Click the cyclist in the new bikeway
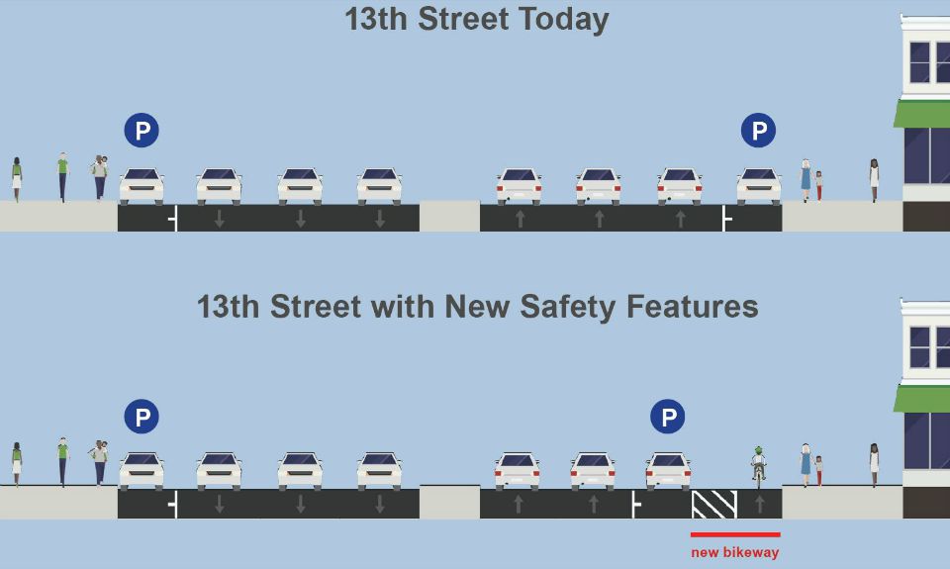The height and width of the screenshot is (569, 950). pos(759,466)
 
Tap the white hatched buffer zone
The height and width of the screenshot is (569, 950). pos(714,504)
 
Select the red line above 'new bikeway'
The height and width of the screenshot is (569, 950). pos(735,534)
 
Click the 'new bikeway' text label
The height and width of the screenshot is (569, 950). pos(735,552)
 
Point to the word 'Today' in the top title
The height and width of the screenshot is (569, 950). pos(563,20)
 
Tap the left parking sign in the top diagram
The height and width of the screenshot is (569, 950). pos(142,131)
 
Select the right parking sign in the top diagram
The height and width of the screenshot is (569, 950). pos(759,131)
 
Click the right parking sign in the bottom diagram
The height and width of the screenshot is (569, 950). pos(668,417)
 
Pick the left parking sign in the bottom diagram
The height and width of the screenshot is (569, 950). pos(142,417)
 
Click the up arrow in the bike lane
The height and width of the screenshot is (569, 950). pos(760,504)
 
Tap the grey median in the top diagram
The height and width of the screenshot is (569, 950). pos(449,218)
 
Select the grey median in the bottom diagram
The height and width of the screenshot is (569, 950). pos(449,502)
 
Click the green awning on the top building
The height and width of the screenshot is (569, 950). pos(922,114)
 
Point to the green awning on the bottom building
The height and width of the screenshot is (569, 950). pos(922,399)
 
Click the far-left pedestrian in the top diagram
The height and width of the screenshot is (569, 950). pos(17,179)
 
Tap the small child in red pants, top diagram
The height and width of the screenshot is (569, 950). pos(819,185)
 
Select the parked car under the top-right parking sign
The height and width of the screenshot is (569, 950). pos(759,186)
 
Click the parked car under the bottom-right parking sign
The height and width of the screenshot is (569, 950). pos(668,470)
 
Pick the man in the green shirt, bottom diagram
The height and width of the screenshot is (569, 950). pos(63,462)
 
